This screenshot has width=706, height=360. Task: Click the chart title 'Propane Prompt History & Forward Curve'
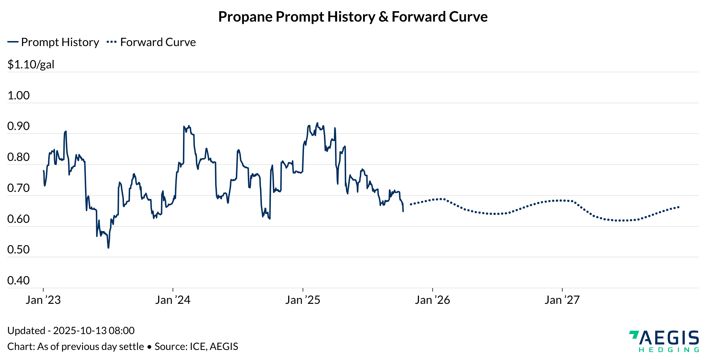pos(353,17)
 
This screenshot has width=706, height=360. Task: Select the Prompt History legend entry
pos(53,42)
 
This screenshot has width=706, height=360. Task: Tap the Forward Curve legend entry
pos(151,42)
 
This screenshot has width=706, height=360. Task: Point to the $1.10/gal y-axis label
pos(31,64)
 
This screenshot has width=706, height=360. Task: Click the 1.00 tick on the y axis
pos(18,95)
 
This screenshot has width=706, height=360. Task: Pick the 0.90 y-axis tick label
pos(18,126)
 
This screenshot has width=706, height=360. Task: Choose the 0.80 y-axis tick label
pos(18,157)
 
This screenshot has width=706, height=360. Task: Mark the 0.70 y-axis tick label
pos(18,188)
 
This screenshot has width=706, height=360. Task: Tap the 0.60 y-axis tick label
pos(18,219)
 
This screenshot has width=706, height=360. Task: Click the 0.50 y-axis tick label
pos(18,249)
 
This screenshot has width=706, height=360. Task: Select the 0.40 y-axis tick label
pos(18,280)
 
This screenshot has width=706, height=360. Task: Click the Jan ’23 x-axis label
pos(43,300)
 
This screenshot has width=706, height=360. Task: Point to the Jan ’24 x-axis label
pos(173,300)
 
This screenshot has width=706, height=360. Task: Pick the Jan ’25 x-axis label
pos(303,300)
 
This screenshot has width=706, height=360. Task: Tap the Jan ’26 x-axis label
pos(432,300)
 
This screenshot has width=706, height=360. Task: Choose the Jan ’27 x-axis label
pos(562,300)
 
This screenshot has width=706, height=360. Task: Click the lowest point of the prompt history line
pos(108,248)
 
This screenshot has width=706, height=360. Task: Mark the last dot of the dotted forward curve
pos(679,207)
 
